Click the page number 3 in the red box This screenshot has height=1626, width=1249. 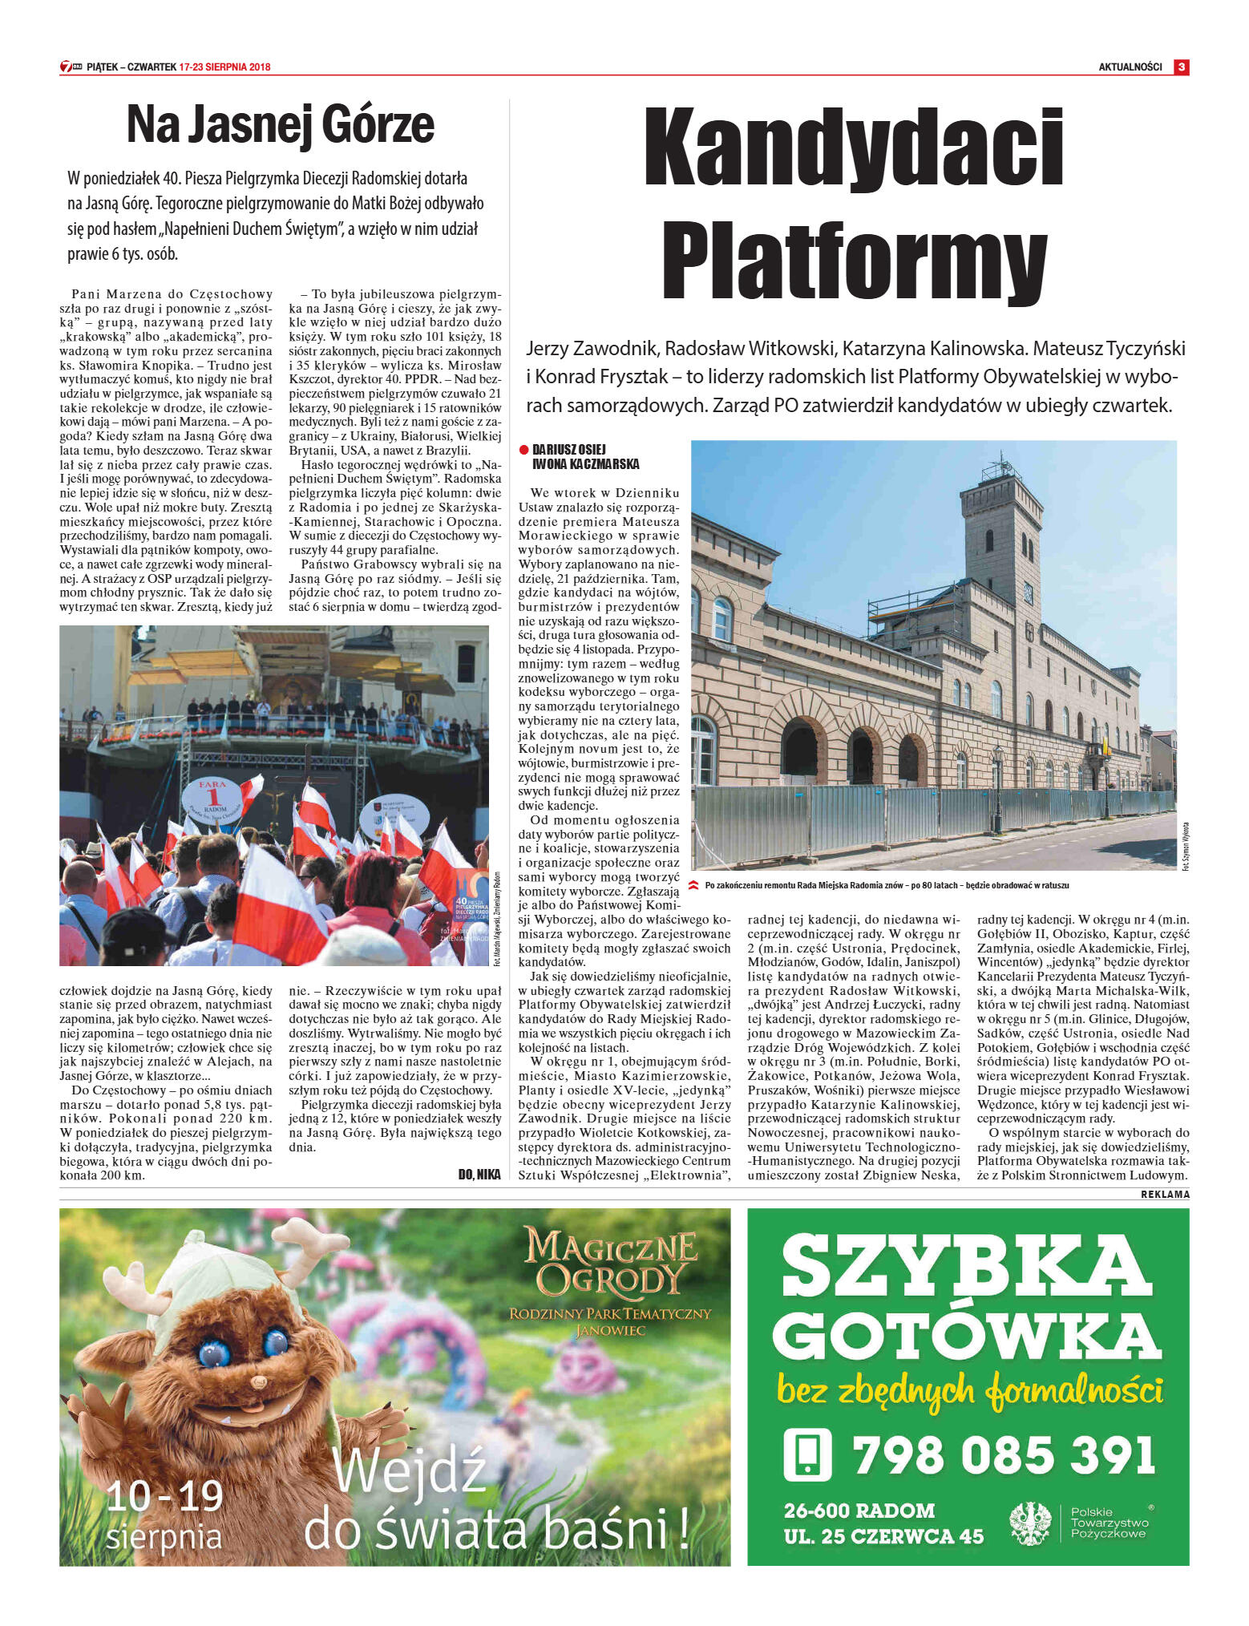point(1181,67)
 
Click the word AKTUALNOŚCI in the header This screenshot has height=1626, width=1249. point(1130,67)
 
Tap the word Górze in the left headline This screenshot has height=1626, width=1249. point(378,126)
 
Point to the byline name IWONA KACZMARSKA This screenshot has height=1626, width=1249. point(585,464)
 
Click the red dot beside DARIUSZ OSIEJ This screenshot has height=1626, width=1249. point(524,450)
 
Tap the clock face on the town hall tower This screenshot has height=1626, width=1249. point(1028,594)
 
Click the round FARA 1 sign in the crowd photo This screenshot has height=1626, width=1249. point(212,799)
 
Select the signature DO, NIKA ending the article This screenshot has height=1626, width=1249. point(479,1175)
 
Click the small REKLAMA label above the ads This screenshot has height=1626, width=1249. point(1165,1195)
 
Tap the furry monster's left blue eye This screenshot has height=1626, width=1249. point(213,1353)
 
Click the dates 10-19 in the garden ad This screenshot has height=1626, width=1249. point(165,1496)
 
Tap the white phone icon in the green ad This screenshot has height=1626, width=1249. point(807,1454)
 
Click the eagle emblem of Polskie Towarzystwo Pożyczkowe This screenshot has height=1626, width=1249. point(1030,1524)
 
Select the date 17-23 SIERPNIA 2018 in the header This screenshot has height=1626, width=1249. point(225,67)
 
